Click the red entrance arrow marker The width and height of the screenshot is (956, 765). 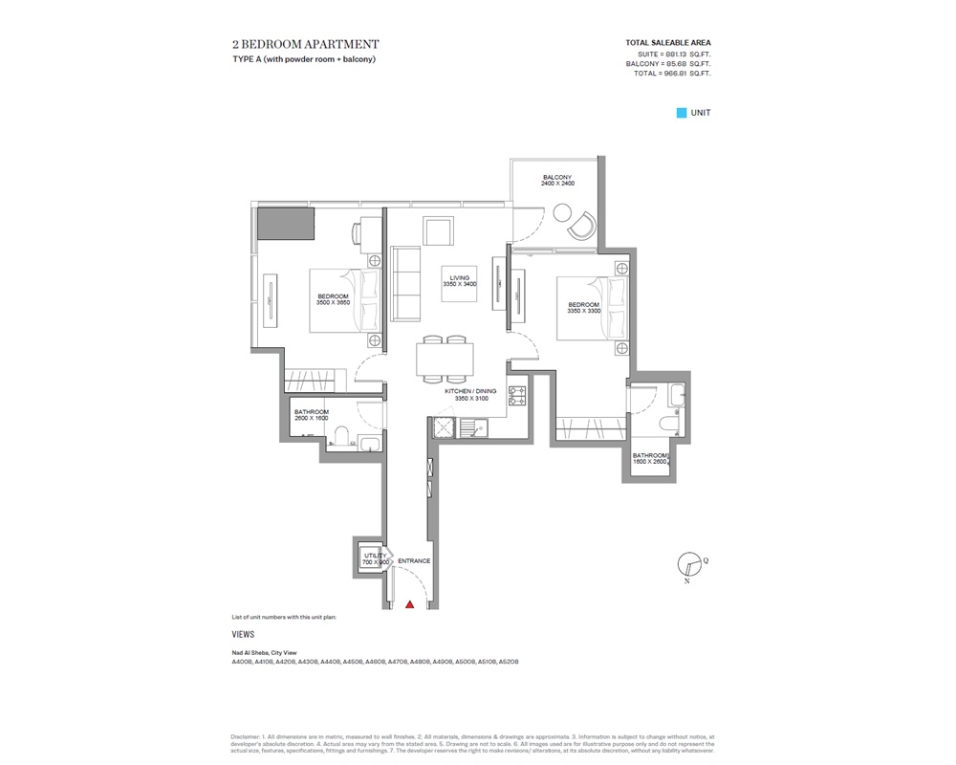pyautogui.click(x=410, y=604)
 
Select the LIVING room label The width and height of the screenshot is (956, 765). pyautogui.click(x=457, y=280)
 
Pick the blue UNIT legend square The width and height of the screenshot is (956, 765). pyautogui.click(x=682, y=113)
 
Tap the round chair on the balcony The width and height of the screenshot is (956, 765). pyautogui.click(x=581, y=227)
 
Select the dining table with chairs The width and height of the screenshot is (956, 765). pyautogui.click(x=445, y=360)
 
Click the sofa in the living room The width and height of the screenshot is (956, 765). pyautogui.click(x=406, y=285)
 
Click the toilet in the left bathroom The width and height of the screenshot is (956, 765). pyautogui.click(x=340, y=439)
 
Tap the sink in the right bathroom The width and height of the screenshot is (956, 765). pyautogui.click(x=676, y=391)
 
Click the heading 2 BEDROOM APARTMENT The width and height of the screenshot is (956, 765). pyautogui.click(x=305, y=44)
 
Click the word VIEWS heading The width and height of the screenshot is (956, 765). pyautogui.click(x=243, y=634)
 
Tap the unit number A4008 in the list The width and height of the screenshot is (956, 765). pyautogui.click(x=242, y=662)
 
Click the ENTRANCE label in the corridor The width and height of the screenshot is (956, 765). pyautogui.click(x=414, y=561)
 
